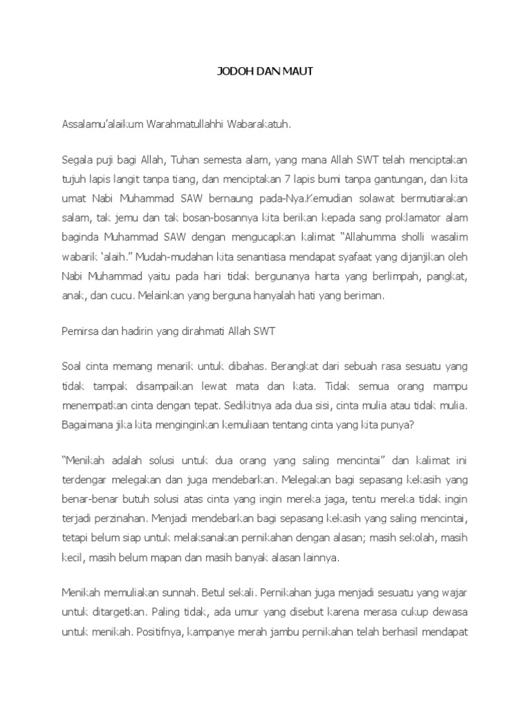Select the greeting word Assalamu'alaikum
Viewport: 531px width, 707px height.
tap(101, 126)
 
